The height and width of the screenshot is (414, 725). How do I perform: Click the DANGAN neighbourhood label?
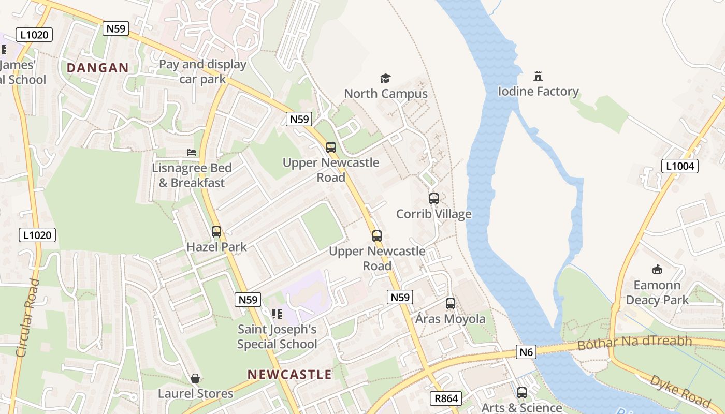coord(97,68)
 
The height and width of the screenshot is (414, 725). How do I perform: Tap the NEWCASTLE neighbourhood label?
coord(289,374)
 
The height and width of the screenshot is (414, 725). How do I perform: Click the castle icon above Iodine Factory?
coord(538,77)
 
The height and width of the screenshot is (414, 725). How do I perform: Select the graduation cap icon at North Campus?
coord(385,79)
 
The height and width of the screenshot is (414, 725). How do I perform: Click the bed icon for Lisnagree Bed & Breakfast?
coord(192,153)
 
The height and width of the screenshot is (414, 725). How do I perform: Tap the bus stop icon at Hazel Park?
coord(216,232)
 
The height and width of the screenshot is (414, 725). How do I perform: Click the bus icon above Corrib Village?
coord(434,199)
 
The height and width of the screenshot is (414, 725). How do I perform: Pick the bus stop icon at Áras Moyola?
coord(451,304)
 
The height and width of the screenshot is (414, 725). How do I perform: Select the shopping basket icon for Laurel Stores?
coord(195,378)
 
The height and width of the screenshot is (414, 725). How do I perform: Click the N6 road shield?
coord(526,352)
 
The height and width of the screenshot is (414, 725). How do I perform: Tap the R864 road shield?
coord(445,398)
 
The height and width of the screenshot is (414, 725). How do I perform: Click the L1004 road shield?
coord(680,166)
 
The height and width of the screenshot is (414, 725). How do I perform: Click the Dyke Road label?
coord(680,391)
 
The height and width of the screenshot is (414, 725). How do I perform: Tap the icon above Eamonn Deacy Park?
coord(657,269)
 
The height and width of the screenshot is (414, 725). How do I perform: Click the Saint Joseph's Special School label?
coord(277,336)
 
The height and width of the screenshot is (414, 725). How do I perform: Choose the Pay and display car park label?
coord(202,71)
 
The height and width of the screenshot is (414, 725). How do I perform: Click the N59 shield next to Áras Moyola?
coord(400,297)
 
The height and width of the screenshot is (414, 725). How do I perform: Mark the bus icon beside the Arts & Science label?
coord(522,393)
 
